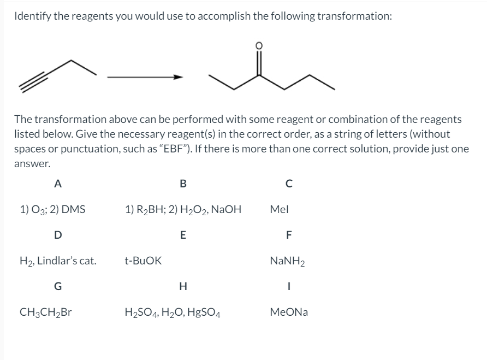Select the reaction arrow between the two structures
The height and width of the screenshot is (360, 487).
(x=143, y=77)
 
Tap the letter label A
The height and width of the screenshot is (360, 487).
(x=57, y=184)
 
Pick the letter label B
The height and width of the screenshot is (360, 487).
(x=182, y=184)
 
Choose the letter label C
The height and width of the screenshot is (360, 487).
(x=288, y=184)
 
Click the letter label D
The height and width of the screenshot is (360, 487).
(x=57, y=235)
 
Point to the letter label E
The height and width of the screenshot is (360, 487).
(x=182, y=235)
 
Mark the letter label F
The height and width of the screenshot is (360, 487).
(x=288, y=235)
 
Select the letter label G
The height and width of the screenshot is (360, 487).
(x=57, y=287)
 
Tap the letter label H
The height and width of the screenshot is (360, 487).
(x=182, y=287)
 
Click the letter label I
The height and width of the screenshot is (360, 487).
(x=288, y=287)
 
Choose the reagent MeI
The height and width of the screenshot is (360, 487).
(x=280, y=209)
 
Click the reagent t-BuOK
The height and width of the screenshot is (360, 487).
(x=143, y=261)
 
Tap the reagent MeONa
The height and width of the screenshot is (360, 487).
(x=289, y=312)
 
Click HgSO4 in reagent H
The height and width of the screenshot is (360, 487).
(x=207, y=313)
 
